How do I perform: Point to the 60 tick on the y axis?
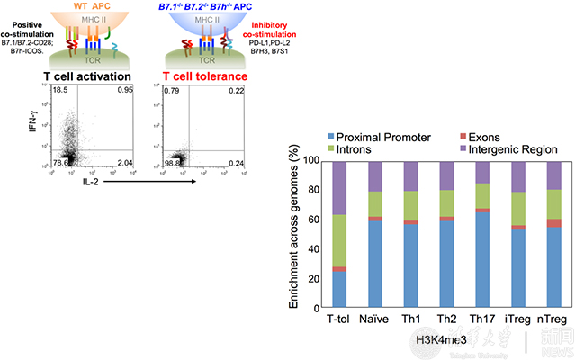pyautogui.click(x=311, y=220)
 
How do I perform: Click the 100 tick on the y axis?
pyautogui.click(x=309, y=160)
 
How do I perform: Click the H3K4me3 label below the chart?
pyautogui.click(x=441, y=338)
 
